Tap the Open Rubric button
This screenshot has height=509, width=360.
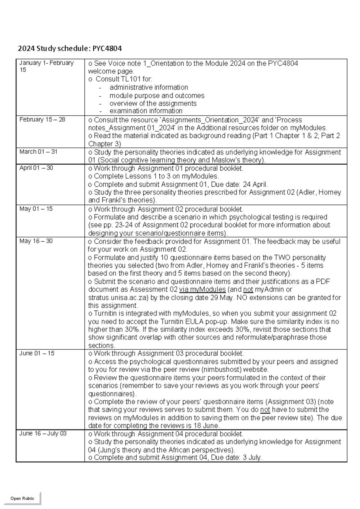point(22,498)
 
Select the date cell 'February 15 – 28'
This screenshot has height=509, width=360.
point(42,120)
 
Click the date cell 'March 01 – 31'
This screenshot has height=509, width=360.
point(38,152)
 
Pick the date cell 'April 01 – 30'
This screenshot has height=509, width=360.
point(36,168)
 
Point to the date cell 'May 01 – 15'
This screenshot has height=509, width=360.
point(36,209)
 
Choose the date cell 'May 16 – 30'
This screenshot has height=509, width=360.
point(36,241)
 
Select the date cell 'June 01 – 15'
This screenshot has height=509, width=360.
point(37,354)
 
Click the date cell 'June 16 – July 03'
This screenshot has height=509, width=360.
point(43,434)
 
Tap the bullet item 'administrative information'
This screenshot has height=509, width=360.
point(149,87)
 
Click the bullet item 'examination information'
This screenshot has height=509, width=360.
point(146,111)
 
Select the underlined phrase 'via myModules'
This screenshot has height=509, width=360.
point(202,290)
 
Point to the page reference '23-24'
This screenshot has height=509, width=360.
point(127,225)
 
